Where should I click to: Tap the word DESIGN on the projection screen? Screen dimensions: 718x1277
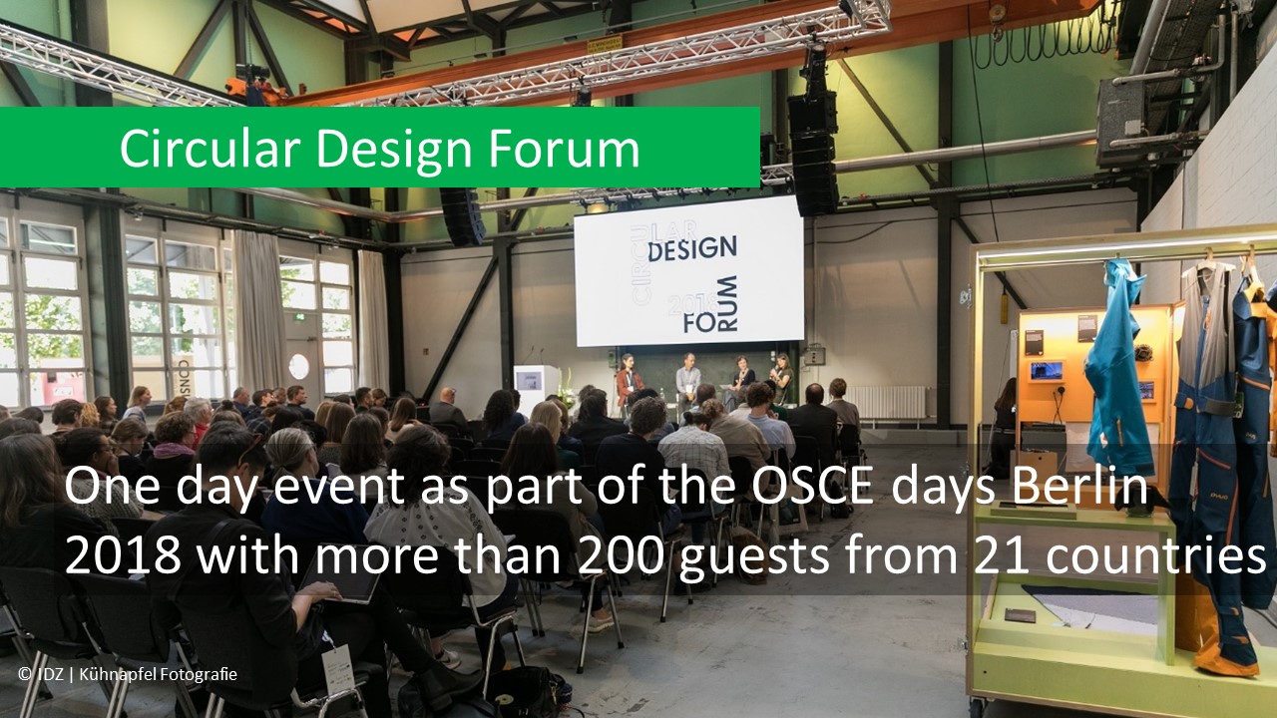691,248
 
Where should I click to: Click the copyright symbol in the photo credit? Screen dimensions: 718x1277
24,675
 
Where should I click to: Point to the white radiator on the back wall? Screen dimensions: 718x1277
887,402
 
